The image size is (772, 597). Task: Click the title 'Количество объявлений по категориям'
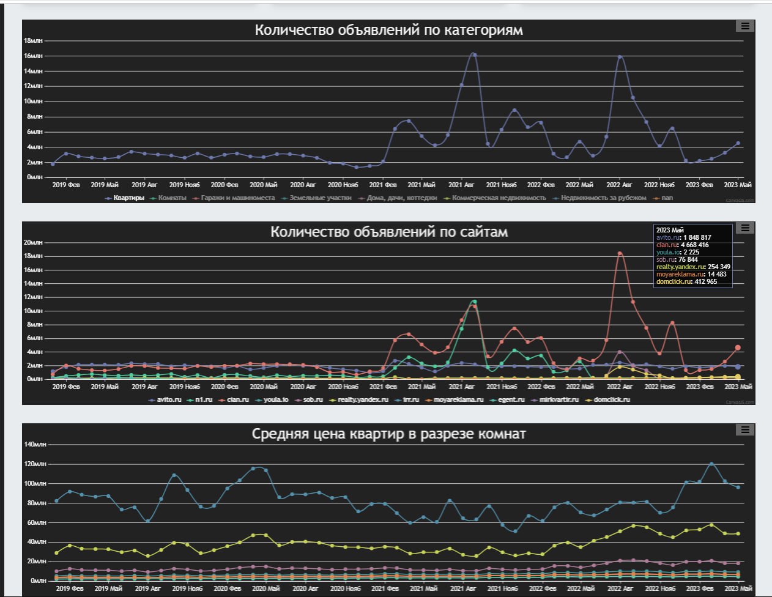(388, 30)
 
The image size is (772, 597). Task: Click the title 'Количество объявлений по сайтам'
(388, 232)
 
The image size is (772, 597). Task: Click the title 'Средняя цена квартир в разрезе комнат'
(388, 434)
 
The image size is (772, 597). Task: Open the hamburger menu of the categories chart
(744, 26)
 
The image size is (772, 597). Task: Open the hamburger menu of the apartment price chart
(744, 429)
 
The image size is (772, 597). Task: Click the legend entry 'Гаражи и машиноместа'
(234, 198)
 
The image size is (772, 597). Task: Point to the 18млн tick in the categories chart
(33, 41)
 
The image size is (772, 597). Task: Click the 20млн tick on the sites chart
(33, 243)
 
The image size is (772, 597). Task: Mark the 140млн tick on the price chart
(35, 445)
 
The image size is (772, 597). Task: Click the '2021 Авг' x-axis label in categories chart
(461, 185)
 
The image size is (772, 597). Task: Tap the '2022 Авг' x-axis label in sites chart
(619, 387)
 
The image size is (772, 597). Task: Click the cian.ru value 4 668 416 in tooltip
(696, 245)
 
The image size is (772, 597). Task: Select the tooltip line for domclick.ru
(686, 281)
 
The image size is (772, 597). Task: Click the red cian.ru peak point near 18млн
(620, 253)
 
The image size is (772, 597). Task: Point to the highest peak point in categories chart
(473, 54)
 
